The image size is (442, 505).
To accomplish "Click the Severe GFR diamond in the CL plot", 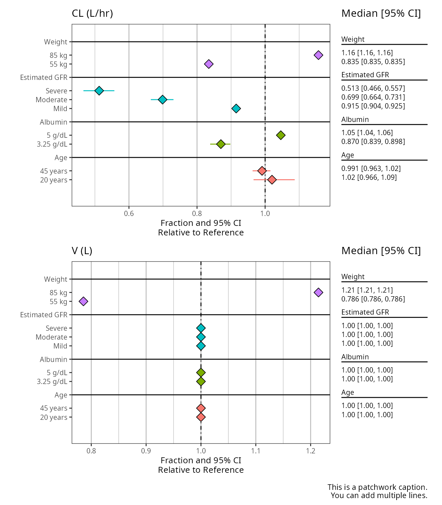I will [x=99, y=91].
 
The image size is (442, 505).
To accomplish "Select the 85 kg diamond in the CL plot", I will [x=318, y=55].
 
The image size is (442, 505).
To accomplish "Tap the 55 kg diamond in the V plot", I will [x=84, y=301].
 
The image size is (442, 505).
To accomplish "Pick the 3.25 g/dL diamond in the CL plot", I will [x=221, y=144].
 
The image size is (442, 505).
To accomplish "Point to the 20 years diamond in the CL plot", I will [x=272, y=180].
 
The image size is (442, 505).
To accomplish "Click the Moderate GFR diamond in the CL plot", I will [x=162, y=100].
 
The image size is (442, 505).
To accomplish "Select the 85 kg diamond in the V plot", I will [x=318, y=292].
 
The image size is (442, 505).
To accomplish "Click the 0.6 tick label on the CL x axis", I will [x=129, y=213].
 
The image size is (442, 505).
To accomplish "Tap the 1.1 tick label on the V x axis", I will [x=256, y=450].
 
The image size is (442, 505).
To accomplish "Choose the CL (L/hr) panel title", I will [x=92, y=13].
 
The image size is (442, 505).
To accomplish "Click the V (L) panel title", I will [x=82, y=251].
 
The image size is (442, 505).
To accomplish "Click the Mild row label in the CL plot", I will [x=60, y=109].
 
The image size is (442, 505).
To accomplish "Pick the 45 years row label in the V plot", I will [x=54, y=408].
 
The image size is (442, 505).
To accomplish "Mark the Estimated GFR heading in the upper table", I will [x=365, y=75].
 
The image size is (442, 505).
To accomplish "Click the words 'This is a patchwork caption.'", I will [x=377, y=487].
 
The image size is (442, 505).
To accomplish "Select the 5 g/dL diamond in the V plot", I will [x=201, y=373].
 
